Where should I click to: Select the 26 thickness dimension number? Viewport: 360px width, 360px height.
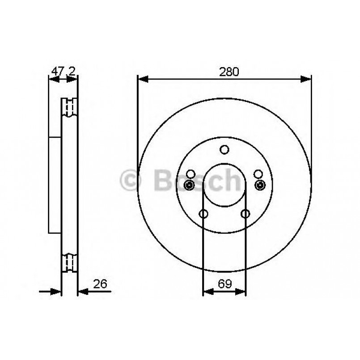(x=100, y=284)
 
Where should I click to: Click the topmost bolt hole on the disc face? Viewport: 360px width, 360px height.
(x=224, y=150)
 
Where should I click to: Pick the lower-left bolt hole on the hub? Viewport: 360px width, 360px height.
(x=203, y=214)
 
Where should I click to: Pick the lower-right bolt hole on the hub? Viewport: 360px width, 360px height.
(x=245, y=214)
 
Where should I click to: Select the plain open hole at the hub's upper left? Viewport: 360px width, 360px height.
(x=191, y=174)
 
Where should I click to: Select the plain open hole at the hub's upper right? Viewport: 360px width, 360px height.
(x=258, y=174)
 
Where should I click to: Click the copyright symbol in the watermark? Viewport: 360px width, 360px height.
(x=131, y=180)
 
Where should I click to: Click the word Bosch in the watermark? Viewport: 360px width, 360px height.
(x=197, y=180)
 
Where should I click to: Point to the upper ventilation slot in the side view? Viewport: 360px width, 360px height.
(x=69, y=107)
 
